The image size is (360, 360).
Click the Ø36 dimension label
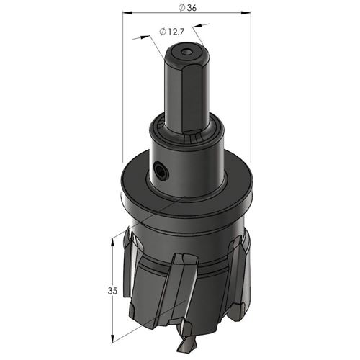click(x=187, y=8)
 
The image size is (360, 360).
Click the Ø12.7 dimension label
click(x=171, y=32)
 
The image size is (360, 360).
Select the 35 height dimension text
click(x=112, y=291)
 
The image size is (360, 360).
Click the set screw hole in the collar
click(x=161, y=171)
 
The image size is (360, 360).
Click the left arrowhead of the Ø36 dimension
click(x=127, y=12)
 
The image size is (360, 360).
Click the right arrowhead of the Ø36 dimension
click(x=246, y=12)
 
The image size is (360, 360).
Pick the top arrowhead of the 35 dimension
click(x=112, y=243)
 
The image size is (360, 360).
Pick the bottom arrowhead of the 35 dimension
click(x=112, y=338)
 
